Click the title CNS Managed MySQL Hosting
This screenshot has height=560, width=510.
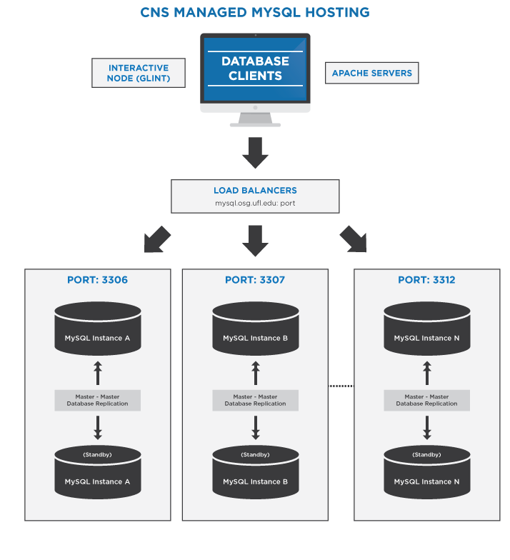coord(255,12)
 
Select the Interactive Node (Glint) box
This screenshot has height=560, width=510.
coord(139,73)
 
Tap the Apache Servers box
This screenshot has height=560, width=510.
coord(371,73)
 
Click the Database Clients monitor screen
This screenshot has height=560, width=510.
coord(255,69)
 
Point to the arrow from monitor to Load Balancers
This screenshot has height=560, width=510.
coord(255,152)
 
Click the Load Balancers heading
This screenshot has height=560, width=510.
coord(255,191)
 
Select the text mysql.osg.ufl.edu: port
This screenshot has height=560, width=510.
coord(255,204)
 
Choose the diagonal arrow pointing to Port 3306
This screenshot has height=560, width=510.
coord(157,240)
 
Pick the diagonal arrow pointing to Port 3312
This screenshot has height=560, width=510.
coord(354,240)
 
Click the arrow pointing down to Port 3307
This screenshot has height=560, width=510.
coord(255,241)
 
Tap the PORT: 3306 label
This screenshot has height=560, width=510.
coord(98,280)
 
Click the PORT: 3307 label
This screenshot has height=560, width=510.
coord(255,280)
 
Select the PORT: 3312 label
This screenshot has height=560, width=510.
coord(426,280)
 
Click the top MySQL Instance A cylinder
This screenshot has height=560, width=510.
coord(98,329)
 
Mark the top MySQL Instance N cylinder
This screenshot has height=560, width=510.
coord(426,329)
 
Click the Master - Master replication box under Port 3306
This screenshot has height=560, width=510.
coord(98,400)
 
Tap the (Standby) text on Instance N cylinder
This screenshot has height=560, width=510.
coord(426,455)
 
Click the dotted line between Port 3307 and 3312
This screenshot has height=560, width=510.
coord(341,386)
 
